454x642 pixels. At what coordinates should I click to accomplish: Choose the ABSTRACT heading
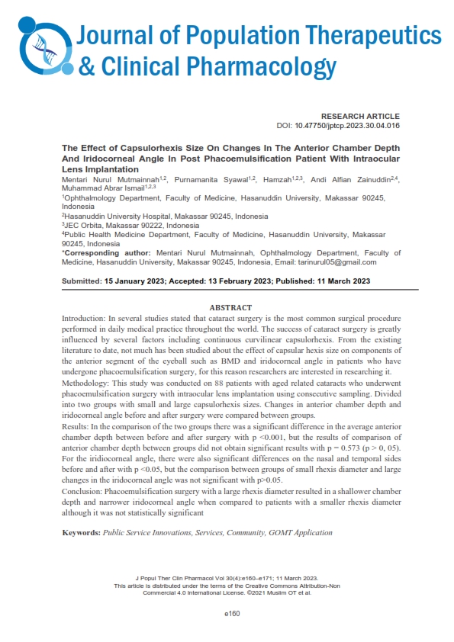[230, 307]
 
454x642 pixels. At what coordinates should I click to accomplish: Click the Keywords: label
[81, 531]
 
